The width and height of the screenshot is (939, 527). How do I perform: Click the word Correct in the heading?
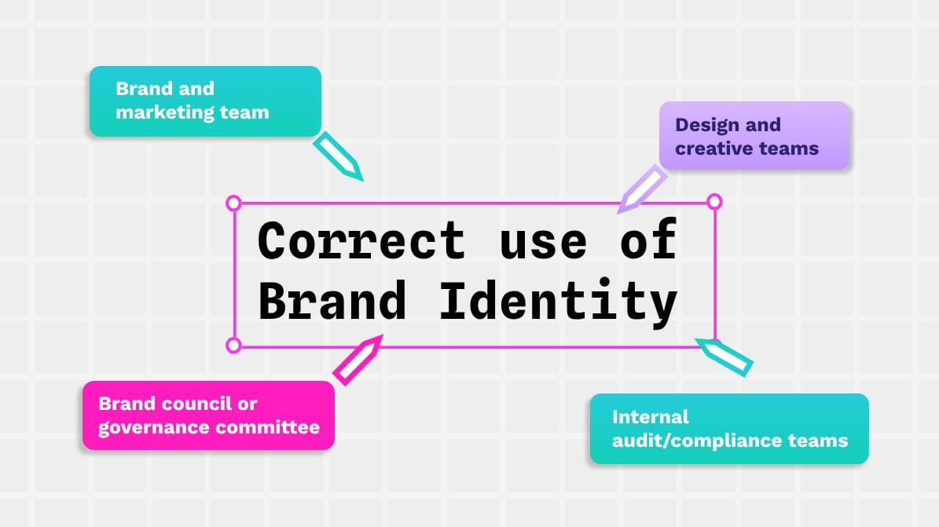361,240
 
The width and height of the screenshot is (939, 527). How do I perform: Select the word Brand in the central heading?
332,300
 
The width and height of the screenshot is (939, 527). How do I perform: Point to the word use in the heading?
543,242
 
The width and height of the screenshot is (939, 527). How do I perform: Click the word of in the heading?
647,240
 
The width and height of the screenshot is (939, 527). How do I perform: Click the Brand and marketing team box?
205,101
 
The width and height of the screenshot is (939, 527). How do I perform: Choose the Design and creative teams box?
754,136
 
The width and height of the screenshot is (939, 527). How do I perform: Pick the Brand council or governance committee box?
208,415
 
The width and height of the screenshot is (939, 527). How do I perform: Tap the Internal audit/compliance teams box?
729,429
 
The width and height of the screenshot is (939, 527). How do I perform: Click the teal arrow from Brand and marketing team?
339,156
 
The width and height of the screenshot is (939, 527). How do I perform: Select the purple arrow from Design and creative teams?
641,189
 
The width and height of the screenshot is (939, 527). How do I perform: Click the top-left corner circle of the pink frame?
233,203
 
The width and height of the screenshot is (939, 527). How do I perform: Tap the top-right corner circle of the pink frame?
714,202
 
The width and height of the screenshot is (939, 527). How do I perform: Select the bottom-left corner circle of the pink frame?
233,345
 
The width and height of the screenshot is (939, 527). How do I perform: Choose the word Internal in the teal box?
650,416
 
